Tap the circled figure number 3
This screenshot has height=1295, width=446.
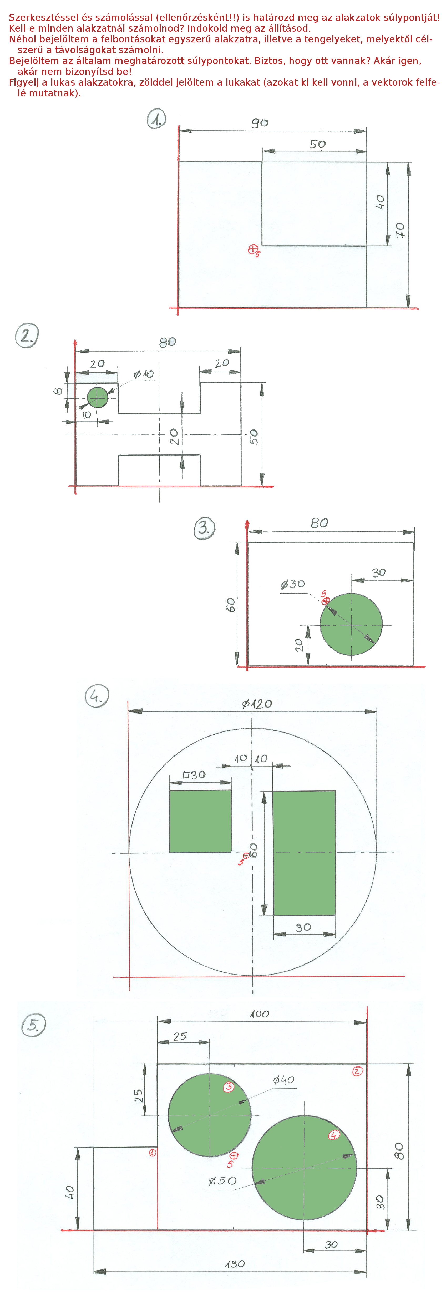tap(204, 528)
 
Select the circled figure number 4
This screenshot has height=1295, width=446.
tap(97, 696)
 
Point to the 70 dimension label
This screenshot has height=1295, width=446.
tap(400, 230)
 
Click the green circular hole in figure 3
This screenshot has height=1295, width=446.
tap(351, 624)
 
